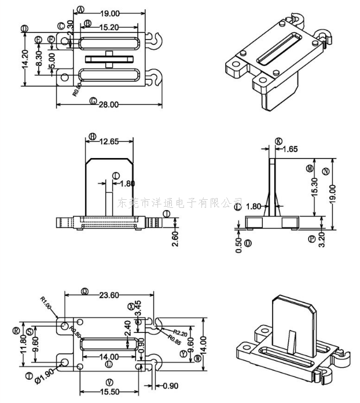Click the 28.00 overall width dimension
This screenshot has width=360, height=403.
coord(108,104)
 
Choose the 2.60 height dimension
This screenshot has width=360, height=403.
coord(175,237)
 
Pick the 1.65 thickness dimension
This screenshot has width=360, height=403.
coord(289,149)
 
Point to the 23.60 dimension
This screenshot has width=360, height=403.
coord(107,295)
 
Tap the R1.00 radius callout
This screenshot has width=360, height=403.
coord(46,303)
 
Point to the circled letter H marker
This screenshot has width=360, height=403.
coord(92,137)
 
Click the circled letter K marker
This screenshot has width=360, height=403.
coord(278,141)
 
